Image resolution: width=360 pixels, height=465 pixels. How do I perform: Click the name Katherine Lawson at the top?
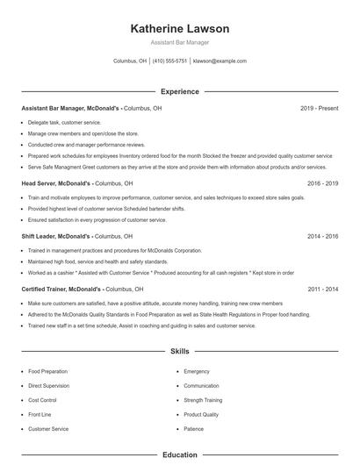pyautogui.click(x=179, y=28)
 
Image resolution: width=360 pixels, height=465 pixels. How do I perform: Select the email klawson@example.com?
pyautogui.click(x=220, y=61)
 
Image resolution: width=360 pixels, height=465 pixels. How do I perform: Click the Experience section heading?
pyautogui.click(x=179, y=91)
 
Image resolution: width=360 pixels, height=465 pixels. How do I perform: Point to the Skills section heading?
pyautogui.click(x=179, y=352)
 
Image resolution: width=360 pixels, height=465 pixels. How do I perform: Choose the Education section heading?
pyautogui.click(x=179, y=455)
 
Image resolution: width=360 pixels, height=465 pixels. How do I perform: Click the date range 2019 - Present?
pyautogui.click(x=319, y=108)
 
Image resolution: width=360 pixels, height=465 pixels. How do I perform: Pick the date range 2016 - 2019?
pyautogui.click(x=322, y=184)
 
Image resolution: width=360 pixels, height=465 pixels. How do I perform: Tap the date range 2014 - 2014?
pyautogui.click(x=322, y=236)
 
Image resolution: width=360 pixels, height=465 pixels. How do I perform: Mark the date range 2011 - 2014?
pyautogui.click(x=322, y=288)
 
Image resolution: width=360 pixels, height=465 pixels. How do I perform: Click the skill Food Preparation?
pyautogui.click(x=47, y=371)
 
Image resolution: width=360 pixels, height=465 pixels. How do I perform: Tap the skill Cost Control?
pyautogui.click(x=43, y=400)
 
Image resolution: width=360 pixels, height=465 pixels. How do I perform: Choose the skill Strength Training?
pyautogui.click(x=203, y=400)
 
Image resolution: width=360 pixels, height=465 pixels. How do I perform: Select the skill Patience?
pyautogui.click(x=193, y=429)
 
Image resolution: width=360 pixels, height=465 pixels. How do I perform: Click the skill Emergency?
pyautogui.click(x=197, y=371)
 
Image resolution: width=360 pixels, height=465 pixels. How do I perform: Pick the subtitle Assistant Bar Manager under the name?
pyautogui.click(x=179, y=42)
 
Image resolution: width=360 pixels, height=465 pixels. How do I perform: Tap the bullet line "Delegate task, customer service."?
pyautogui.click(x=64, y=122)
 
